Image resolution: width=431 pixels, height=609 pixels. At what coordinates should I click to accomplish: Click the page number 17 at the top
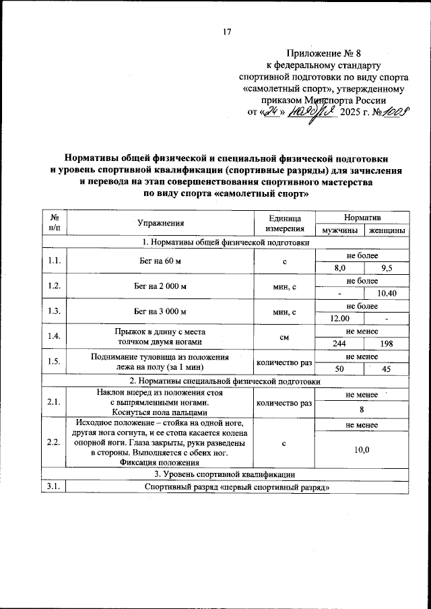[x=227, y=31]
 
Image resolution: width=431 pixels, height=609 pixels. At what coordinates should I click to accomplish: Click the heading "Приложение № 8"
[x=323, y=52]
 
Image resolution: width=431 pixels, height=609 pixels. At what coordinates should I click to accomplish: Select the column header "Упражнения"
[x=161, y=223]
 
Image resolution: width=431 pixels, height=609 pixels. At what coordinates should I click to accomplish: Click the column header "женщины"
[x=387, y=230]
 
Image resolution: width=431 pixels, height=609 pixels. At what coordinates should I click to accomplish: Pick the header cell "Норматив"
[x=364, y=217]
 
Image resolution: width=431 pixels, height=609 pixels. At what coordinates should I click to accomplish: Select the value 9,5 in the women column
[x=387, y=267]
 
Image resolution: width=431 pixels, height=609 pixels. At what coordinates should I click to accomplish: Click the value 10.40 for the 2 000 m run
[x=387, y=293]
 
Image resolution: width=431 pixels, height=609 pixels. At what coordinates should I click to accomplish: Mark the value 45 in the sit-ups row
[x=387, y=369]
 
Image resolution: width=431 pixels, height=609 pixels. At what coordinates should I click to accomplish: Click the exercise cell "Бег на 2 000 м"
[x=161, y=286]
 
